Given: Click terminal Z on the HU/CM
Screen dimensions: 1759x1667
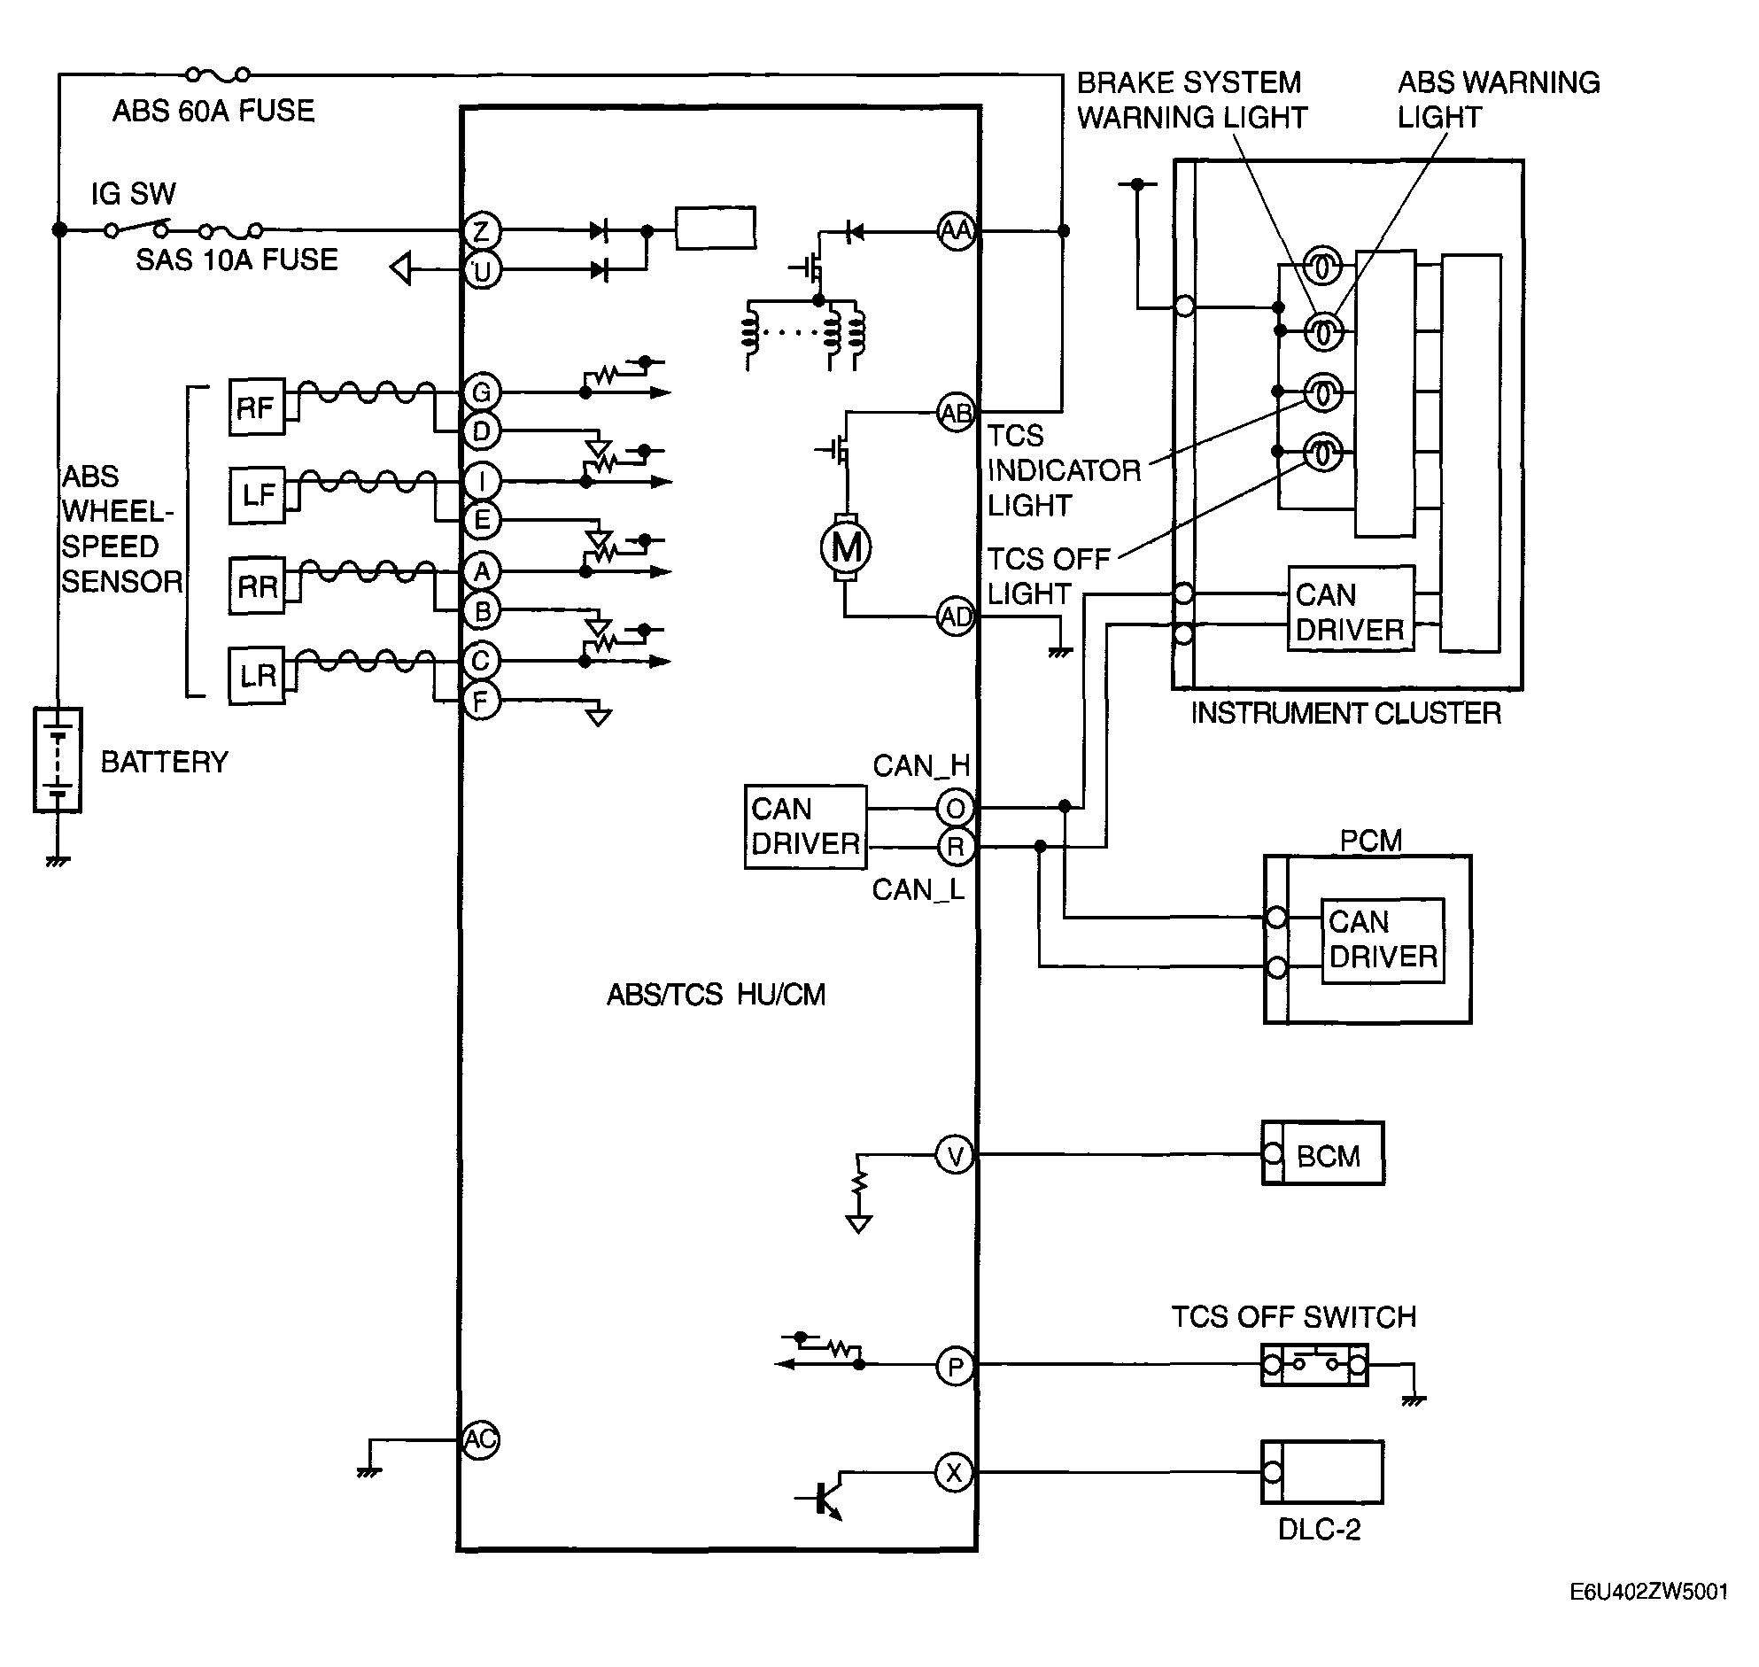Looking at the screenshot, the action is tap(482, 231).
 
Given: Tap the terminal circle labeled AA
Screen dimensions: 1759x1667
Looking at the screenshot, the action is tap(957, 231).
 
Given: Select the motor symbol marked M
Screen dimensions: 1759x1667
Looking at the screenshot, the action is tap(846, 547).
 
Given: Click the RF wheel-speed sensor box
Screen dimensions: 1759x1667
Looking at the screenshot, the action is tap(257, 407).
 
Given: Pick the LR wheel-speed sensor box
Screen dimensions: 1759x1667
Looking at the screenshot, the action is tap(257, 676).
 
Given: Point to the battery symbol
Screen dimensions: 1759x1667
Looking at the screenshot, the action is tap(58, 760).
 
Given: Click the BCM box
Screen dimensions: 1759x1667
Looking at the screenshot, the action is tap(1323, 1153).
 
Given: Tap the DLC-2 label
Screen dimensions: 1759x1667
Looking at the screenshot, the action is tap(1320, 1530).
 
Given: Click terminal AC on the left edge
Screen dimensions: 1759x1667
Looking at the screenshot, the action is tap(481, 1439).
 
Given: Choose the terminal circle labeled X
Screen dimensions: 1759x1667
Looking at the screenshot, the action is tap(954, 1473).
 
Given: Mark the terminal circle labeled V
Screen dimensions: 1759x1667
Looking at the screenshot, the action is tap(955, 1156).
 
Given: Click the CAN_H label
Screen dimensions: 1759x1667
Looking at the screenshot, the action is tap(921, 765).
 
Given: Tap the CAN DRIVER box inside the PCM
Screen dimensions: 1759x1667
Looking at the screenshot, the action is tap(1383, 940).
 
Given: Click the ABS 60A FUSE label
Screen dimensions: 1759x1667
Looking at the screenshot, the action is tap(213, 111).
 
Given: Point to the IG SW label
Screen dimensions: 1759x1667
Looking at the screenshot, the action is tap(133, 194).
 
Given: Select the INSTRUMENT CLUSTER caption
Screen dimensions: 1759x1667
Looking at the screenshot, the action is tap(1346, 713).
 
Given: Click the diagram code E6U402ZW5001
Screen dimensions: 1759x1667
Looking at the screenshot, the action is tap(1648, 1592).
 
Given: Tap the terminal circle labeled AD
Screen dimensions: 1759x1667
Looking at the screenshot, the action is tap(957, 616).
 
